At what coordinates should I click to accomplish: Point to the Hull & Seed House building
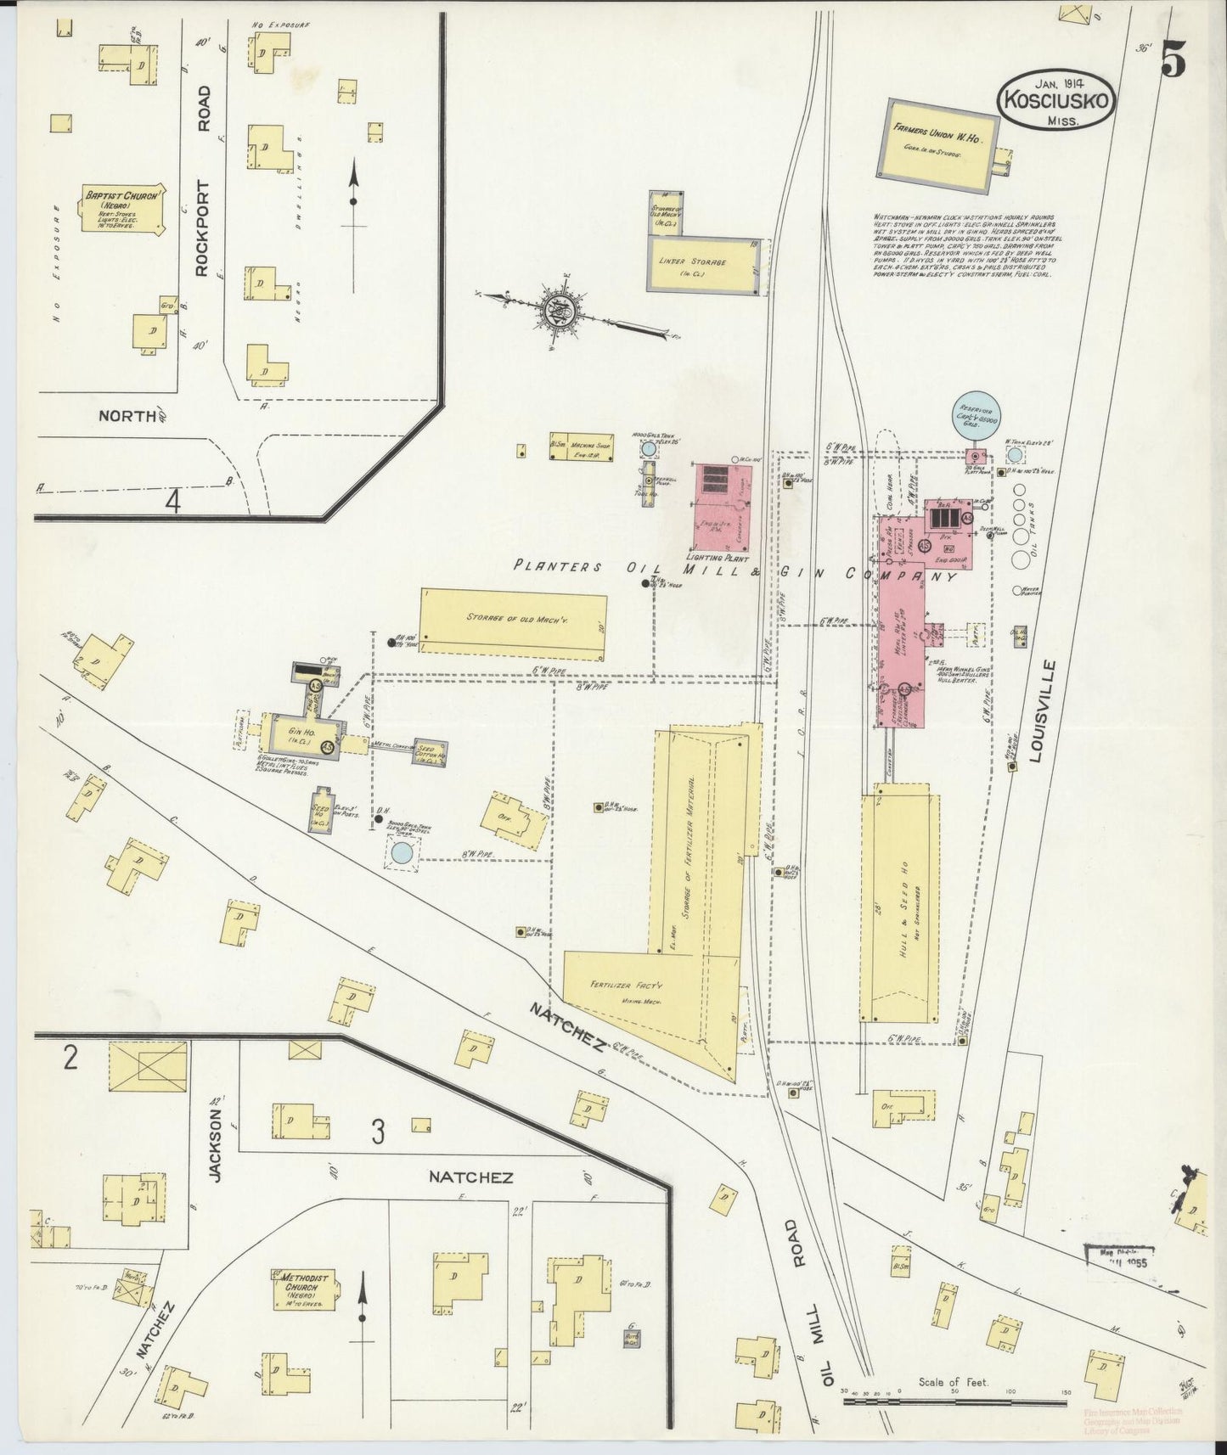tap(901, 908)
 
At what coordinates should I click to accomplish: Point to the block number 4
tap(172, 503)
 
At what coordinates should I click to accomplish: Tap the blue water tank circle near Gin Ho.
tap(402, 853)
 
